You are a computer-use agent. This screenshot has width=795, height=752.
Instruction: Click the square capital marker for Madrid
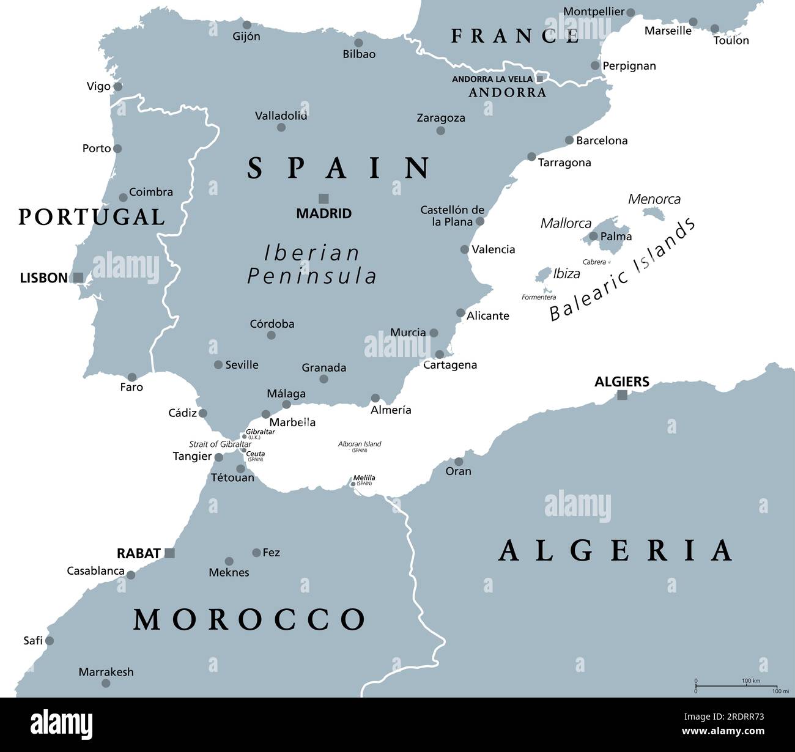tap(324, 198)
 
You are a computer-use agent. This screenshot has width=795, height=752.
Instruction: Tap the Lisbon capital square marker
tap(78, 278)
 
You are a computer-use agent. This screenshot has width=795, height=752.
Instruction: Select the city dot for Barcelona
tap(569, 140)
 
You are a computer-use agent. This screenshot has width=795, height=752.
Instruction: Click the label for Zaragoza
tap(441, 118)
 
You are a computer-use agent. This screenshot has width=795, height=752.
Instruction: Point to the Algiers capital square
tap(622, 395)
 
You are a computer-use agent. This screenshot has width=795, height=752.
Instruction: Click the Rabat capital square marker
tap(170, 553)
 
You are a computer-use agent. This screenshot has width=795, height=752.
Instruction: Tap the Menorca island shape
tap(654, 213)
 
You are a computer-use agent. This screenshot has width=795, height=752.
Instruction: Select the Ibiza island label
tap(566, 273)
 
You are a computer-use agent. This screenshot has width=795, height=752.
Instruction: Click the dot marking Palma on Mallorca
tap(593, 236)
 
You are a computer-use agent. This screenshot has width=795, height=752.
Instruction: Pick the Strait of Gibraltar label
tap(220, 444)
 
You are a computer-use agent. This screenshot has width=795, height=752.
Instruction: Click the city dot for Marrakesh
tap(106, 683)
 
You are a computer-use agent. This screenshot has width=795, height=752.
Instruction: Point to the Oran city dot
tap(459, 462)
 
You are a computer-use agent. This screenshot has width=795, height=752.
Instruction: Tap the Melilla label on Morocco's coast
tap(364, 477)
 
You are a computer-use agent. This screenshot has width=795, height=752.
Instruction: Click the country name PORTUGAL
tap(92, 217)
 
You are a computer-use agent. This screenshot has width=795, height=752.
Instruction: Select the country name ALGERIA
tap(615, 550)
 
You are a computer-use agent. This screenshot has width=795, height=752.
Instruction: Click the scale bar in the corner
tap(736, 686)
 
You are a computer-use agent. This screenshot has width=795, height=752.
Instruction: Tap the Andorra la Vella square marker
tap(539, 79)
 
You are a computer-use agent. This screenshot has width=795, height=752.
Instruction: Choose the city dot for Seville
tap(218, 365)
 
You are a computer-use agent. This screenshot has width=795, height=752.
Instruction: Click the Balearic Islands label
tap(622, 270)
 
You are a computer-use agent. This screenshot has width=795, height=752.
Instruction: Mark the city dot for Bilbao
tap(359, 43)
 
